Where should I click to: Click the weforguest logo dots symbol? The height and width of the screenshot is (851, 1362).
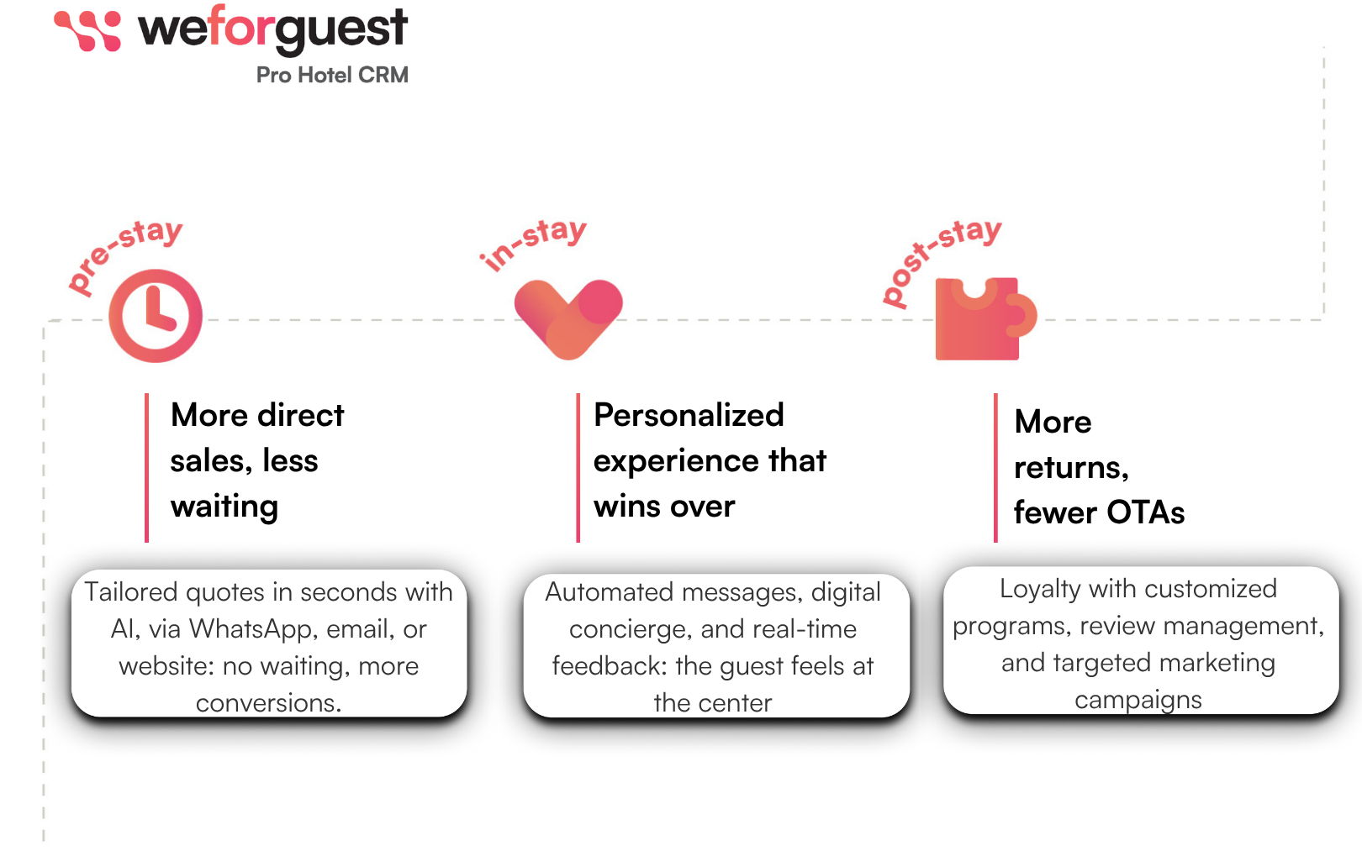pyautogui.click(x=87, y=30)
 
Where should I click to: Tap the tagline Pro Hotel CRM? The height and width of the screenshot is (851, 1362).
pyautogui.click(x=332, y=75)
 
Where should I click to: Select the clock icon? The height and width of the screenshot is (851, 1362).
pyautogui.click(x=156, y=316)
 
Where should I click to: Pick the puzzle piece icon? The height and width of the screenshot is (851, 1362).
pyautogui.click(x=985, y=319)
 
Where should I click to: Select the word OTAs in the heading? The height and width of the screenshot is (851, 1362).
pyautogui.click(x=1146, y=512)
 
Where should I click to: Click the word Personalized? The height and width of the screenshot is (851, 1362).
pyautogui.click(x=689, y=416)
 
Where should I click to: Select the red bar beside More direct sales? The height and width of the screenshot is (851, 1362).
pyautogui.click(x=146, y=468)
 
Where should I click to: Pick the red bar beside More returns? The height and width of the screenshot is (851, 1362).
pyautogui.click(x=995, y=468)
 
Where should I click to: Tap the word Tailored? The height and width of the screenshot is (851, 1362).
pyautogui.click(x=130, y=591)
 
